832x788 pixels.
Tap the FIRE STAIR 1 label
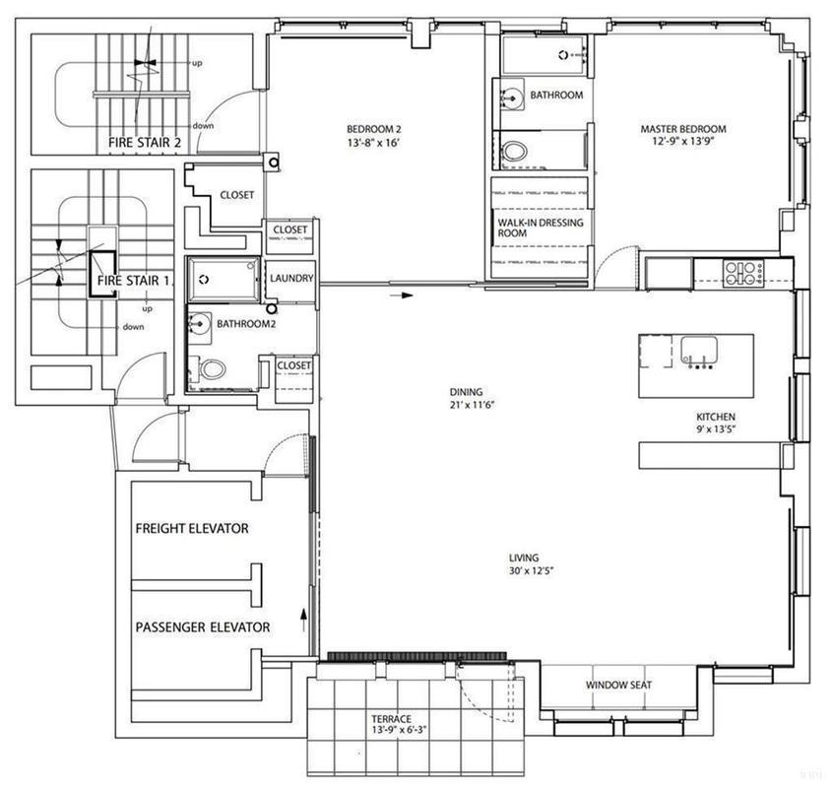135,281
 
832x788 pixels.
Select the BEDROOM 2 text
373,129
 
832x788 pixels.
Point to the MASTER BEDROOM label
683,129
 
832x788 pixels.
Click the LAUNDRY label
290,279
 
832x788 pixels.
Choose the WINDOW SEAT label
618,686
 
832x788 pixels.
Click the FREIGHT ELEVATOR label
191,529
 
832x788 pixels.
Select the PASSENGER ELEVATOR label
202,626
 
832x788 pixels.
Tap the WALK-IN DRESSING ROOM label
540,229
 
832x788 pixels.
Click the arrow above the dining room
404,294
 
